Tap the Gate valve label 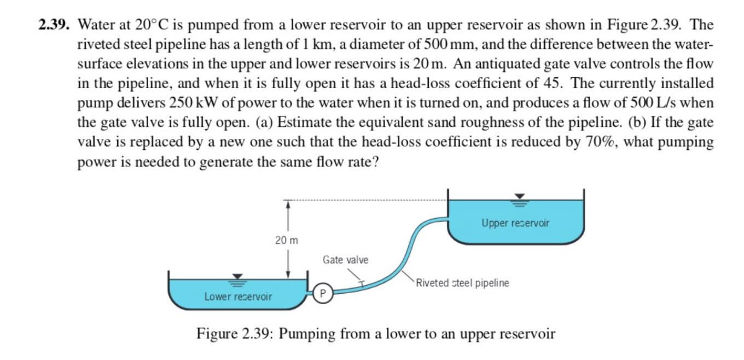click(x=345, y=259)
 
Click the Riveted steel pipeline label click(x=462, y=283)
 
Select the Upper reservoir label click(x=515, y=223)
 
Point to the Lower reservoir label click(x=238, y=297)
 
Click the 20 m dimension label click(x=287, y=240)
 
